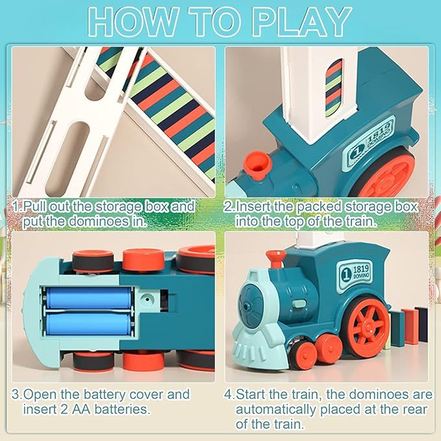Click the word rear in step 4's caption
point(409,410)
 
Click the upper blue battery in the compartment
point(88,299)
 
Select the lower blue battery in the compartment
point(88,323)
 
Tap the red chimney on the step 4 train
point(276,259)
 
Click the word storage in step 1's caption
point(116,206)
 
